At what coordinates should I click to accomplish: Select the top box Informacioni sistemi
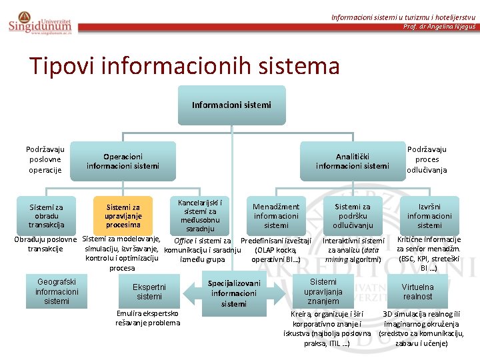point(231,105)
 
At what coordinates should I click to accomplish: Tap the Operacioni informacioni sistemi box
point(123,161)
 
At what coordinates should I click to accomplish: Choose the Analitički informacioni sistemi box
point(352,161)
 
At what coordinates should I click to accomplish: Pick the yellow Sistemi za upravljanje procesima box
point(123,216)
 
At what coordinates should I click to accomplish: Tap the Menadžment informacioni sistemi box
point(276,216)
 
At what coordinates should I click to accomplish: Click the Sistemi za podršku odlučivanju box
point(353,216)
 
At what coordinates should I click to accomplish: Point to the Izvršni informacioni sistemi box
point(429,216)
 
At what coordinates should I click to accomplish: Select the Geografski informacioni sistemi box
point(57,291)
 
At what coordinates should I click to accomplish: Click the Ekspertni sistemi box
point(149,291)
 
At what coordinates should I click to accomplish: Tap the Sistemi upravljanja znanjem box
point(323,291)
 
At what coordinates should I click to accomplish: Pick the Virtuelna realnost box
point(417,291)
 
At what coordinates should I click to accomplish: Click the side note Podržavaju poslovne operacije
point(45,160)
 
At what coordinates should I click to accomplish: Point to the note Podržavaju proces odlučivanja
point(427,160)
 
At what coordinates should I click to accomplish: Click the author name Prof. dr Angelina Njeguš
point(439,27)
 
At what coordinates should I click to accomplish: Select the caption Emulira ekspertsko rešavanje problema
point(147,318)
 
